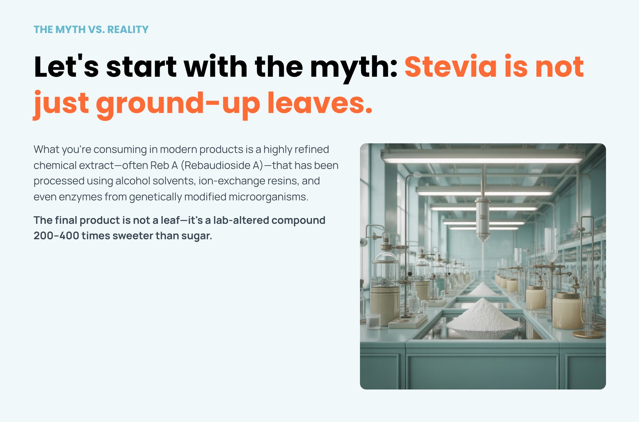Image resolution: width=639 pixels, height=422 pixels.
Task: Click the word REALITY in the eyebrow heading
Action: (128, 29)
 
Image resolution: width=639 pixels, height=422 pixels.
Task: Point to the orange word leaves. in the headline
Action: (320, 103)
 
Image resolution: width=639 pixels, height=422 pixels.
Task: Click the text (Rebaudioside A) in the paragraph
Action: (222, 165)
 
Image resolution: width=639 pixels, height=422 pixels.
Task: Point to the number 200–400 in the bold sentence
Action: (56, 236)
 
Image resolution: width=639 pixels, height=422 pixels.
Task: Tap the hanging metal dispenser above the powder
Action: (482, 217)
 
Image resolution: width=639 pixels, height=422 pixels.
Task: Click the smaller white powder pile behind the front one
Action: (482, 289)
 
